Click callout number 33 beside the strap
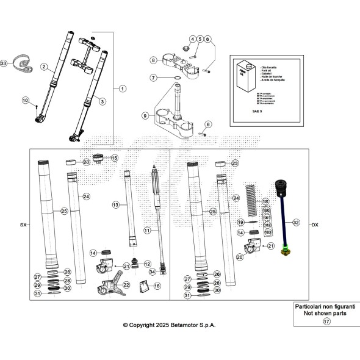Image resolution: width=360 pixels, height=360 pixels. pos(5,63)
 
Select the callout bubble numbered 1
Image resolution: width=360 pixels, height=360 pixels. pos(122,88)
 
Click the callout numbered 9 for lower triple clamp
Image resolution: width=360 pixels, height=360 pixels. pos(145,115)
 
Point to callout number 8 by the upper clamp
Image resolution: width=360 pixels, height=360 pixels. pos(154,60)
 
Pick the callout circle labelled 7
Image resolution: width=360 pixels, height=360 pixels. pos(154,78)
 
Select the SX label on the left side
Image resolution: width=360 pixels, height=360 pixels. pos(23,225)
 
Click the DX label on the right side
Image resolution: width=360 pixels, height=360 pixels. pos(315,225)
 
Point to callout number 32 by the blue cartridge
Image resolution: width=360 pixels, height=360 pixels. pos(296,223)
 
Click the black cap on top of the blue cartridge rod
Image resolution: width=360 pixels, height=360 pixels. pos(283,185)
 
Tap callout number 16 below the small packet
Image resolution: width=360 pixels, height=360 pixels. pos(157,286)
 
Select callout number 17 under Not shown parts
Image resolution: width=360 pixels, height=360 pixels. pos(326,322)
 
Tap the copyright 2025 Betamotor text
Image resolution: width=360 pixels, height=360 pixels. pos(169,325)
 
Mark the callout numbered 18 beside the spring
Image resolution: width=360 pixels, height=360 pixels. pos(265,201)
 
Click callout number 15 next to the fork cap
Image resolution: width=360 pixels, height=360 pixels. pos(114,158)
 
